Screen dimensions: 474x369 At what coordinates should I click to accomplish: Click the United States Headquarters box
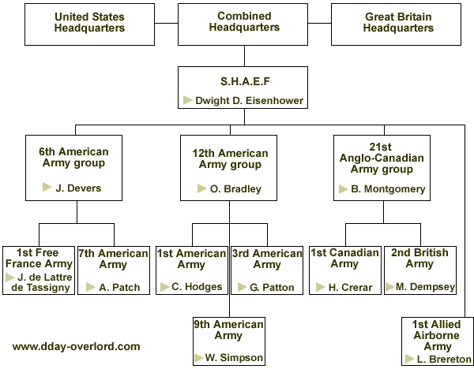pos(89,24)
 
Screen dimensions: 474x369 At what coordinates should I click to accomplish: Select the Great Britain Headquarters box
pos(396,24)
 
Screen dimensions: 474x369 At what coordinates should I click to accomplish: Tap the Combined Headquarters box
pos(243,24)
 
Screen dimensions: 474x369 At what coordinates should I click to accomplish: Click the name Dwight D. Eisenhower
pos(249,100)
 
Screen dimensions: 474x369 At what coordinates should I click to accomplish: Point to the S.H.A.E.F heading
pos(245,81)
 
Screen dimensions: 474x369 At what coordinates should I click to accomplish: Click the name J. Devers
pos(78,188)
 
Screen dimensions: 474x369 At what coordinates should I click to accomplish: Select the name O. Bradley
pos(235,189)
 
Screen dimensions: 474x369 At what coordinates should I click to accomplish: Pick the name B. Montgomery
pos(388,189)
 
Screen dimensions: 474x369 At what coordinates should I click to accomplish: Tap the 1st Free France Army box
pos(39,270)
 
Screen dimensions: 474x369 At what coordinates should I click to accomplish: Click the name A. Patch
pos(119,287)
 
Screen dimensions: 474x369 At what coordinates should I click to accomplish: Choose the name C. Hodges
pos(197,286)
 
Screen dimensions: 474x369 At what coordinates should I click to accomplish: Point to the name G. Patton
pos(272,287)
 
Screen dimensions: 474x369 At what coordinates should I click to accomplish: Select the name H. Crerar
pos(350,287)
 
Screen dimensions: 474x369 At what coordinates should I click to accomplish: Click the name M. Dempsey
pos(425,287)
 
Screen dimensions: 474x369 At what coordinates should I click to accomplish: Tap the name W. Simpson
pos(234,357)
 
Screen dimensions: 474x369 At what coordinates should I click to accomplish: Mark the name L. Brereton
pos(444,359)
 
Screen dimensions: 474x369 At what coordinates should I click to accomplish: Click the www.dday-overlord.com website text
pos(76,346)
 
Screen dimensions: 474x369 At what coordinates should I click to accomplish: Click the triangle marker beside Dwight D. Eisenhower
pos(188,100)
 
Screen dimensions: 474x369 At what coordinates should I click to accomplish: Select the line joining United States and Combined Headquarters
pos(166,23)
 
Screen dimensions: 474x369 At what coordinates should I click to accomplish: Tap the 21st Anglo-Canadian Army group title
pos(382,158)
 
